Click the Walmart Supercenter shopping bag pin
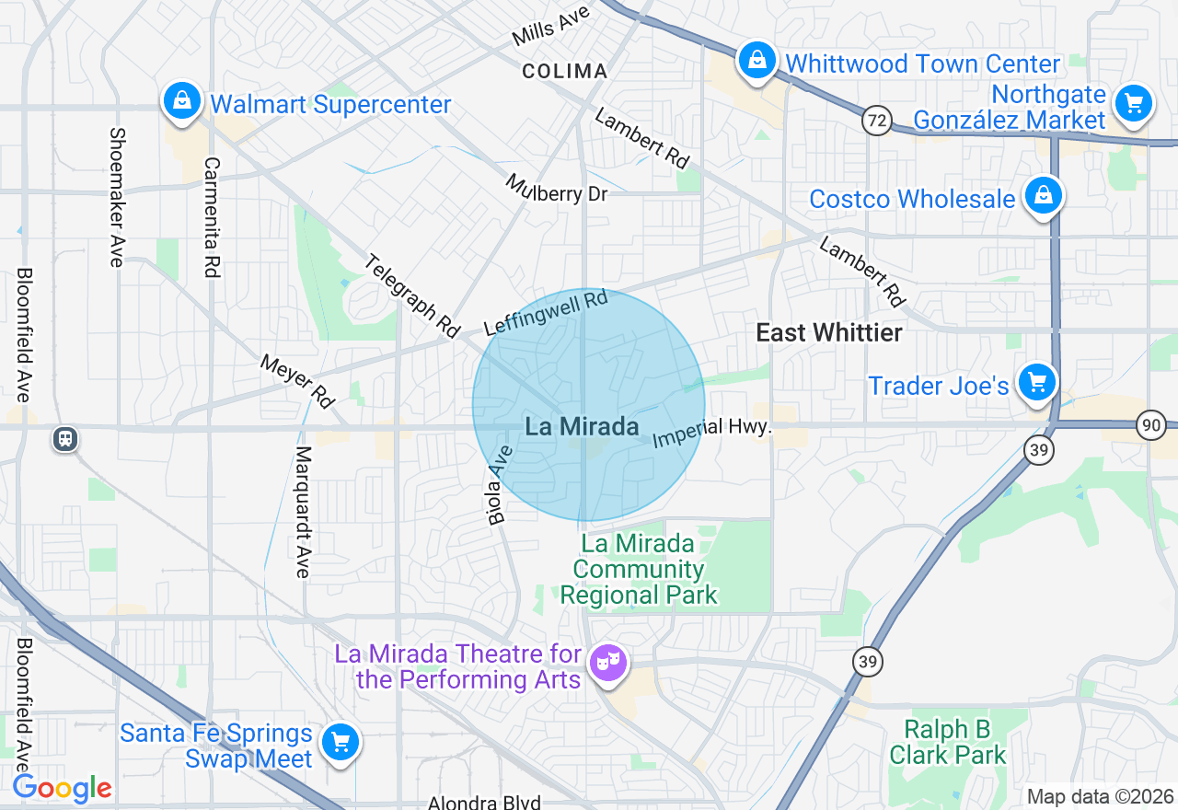click(x=182, y=100)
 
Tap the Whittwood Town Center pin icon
click(x=756, y=61)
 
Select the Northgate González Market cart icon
click(x=1134, y=103)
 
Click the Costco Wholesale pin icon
click(x=1044, y=196)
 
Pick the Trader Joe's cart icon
click(x=1037, y=382)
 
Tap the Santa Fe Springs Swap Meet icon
click(x=341, y=742)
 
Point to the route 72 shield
click(x=877, y=120)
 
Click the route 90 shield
click(x=1150, y=425)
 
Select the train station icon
click(x=65, y=438)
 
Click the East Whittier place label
click(x=828, y=333)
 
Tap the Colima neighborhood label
click(x=564, y=71)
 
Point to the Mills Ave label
click(x=551, y=28)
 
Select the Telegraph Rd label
click(x=411, y=295)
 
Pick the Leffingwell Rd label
click(x=546, y=313)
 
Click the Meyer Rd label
click(x=297, y=380)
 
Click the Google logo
click(x=62, y=789)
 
